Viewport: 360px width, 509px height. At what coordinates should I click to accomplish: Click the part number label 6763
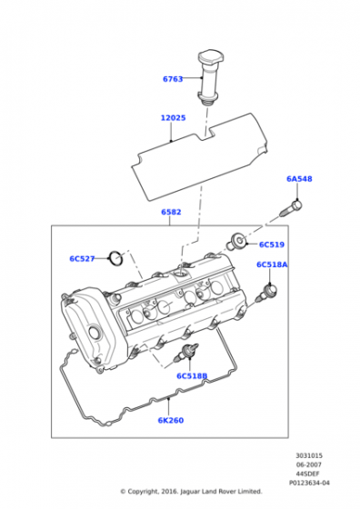pyautogui.click(x=173, y=79)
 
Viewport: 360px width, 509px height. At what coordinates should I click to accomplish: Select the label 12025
pyautogui.click(x=173, y=118)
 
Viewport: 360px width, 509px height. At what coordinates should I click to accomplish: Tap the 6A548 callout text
pyautogui.click(x=299, y=179)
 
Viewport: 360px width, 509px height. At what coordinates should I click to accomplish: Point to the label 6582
pyautogui.click(x=171, y=213)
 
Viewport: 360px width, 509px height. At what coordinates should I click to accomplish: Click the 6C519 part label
pyautogui.click(x=272, y=245)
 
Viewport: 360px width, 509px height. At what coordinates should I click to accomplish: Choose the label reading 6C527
pyautogui.click(x=82, y=259)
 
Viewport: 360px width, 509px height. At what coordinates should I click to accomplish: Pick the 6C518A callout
pyautogui.click(x=271, y=264)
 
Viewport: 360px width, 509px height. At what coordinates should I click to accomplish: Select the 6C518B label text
pyautogui.click(x=192, y=375)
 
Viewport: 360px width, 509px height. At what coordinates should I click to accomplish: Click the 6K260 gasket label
pyautogui.click(x=171, y=421)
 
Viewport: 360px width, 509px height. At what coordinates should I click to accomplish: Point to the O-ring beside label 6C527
pyautogui.click(x=115, y=260)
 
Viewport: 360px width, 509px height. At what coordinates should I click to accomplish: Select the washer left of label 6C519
pyautogui.click(x=238, y=241)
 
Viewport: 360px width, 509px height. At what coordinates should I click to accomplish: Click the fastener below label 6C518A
pyautogui.click(x=269, y=293)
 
